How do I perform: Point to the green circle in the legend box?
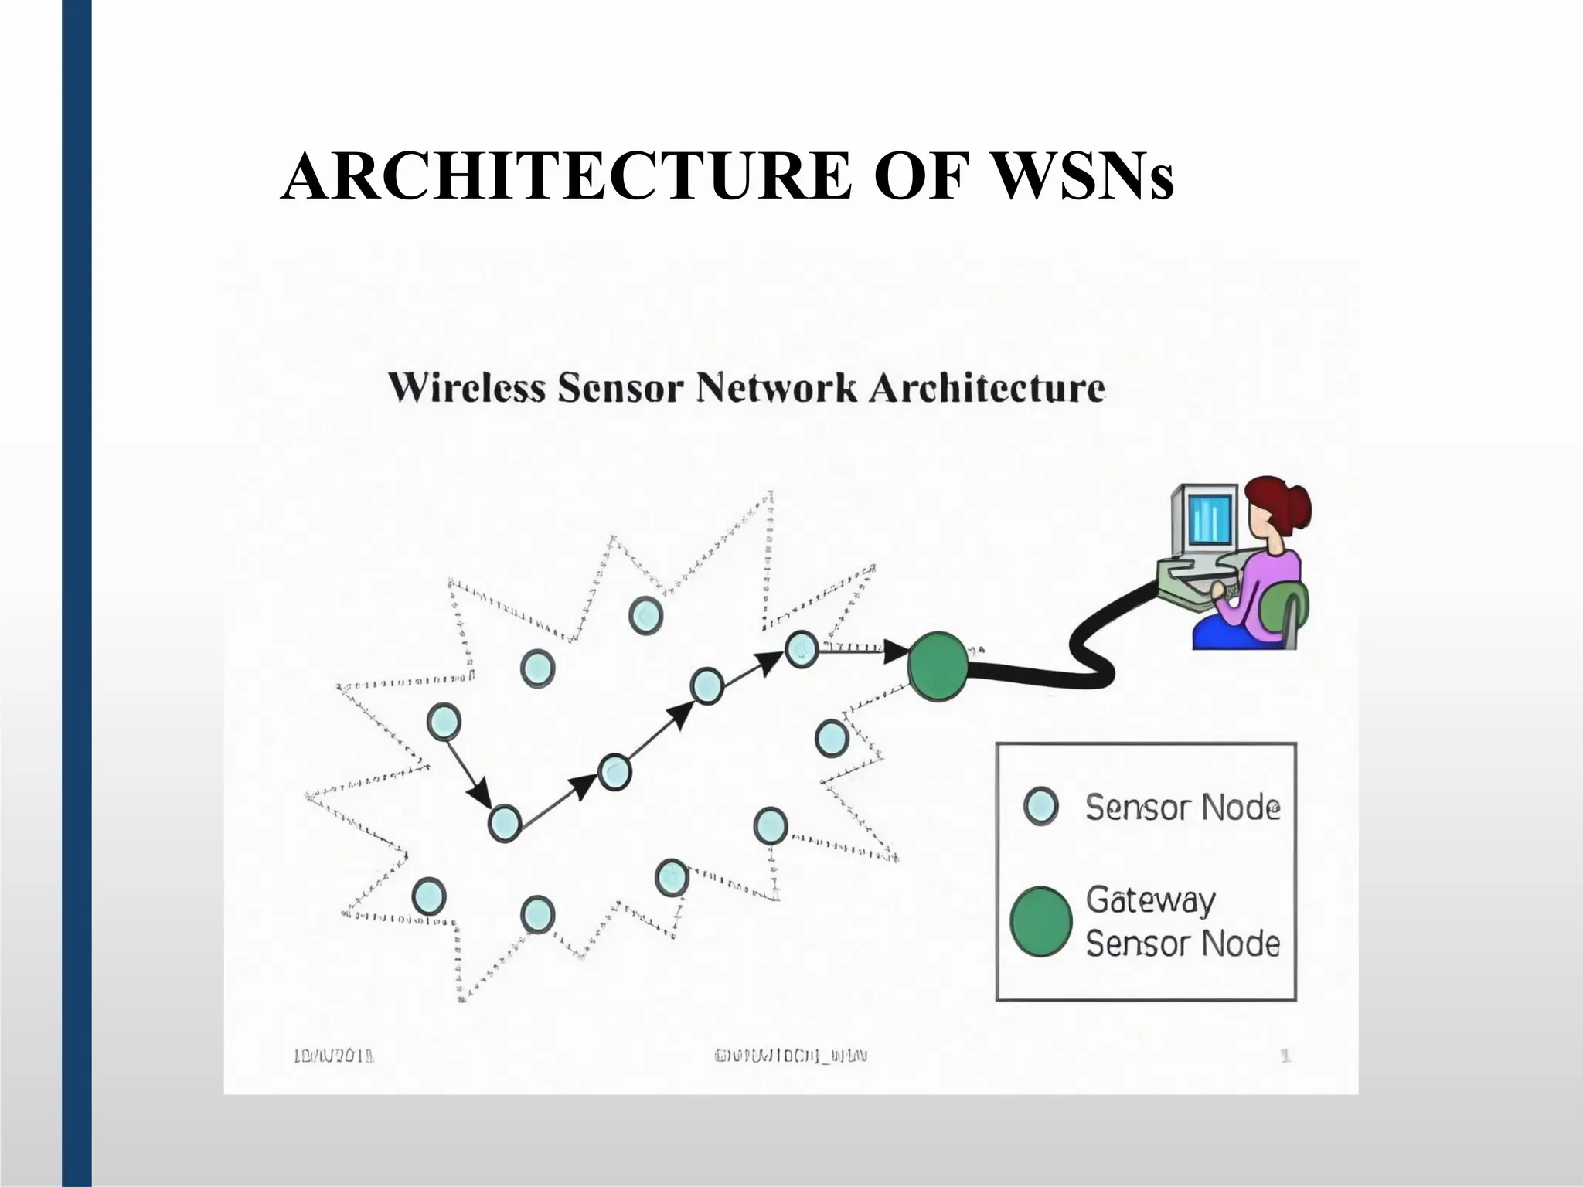pos(1041,921)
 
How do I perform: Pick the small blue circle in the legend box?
pos(1040,807)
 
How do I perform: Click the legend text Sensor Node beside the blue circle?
pos(1183,808)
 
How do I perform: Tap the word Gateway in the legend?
pos(1150,900)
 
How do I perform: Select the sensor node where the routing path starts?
pos(444,723)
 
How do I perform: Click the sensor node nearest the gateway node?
pos(802,649)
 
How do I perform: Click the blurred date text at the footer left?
pos(335,1056)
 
